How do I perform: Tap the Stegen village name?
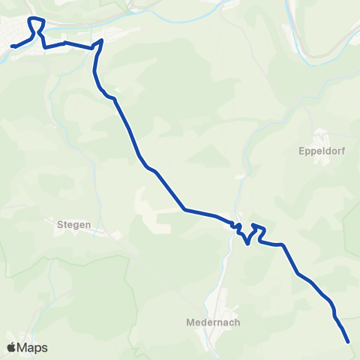pyautogui.click(x=74, y=223)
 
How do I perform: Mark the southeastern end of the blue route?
pyautogui.click(x=349, y=342)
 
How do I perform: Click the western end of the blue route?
pyautogui.click(x=13, y=46)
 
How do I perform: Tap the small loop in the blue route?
pyautogui.click(x=235, y=226)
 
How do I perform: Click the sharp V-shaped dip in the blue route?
pyautogui.click(x=247, y=242)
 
